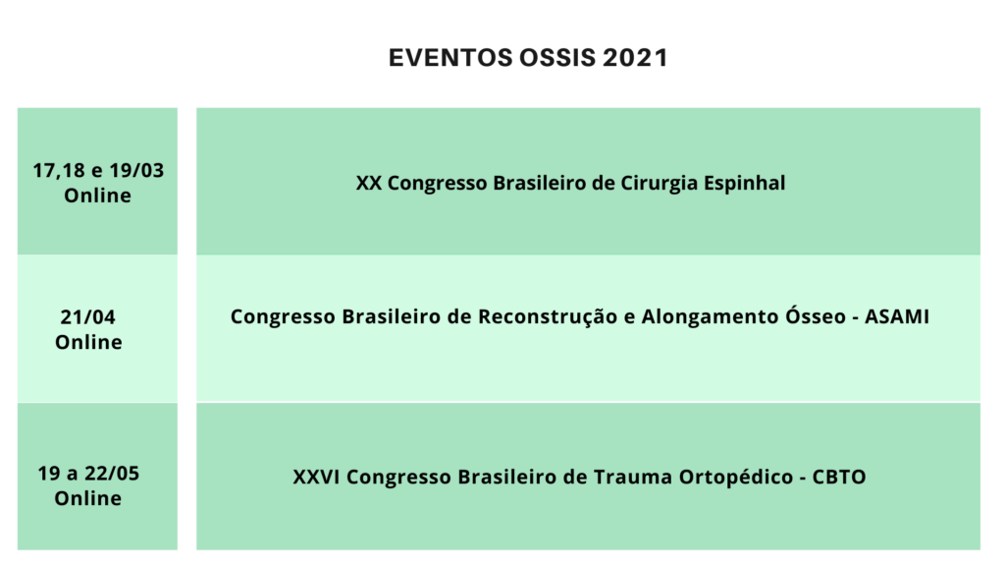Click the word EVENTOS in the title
450,58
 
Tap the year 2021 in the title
635,58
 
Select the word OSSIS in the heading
557,58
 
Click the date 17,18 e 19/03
98,171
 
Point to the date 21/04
87,317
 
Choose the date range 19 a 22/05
87,474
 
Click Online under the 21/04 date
88,342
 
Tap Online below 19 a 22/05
87,498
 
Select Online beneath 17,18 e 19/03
97,196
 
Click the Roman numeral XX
369,183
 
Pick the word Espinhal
744,184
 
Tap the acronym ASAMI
897,316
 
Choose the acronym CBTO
839,477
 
